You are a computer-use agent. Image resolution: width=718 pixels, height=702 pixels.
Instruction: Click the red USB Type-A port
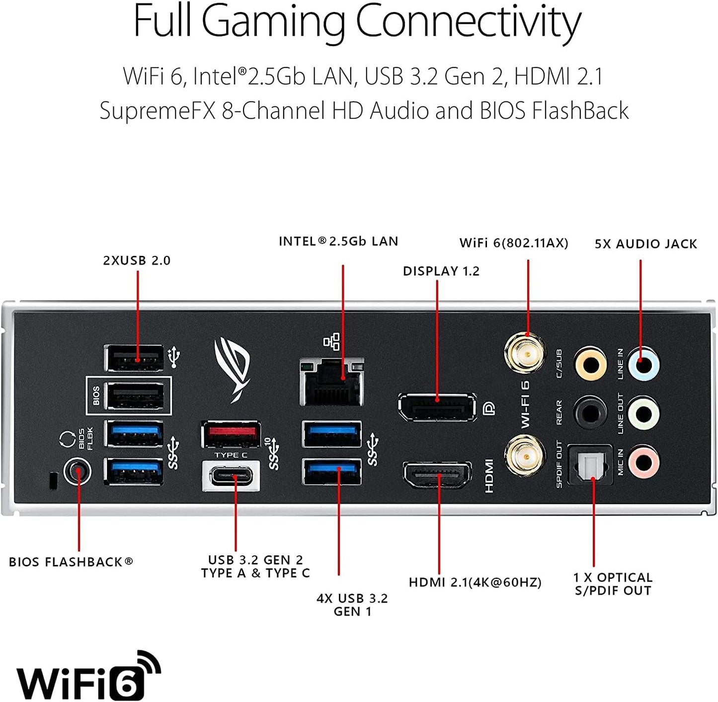pyautogui.click(x=231, y=434)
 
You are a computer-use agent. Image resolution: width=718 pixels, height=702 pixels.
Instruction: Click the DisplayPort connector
pyautogui.click(x=436, y=406)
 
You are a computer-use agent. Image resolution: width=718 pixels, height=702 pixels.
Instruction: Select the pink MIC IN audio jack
pyautogui.click(x=644, y=462)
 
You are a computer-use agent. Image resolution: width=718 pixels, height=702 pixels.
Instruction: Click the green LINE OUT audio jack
pyautogui.click(x=644, y=413)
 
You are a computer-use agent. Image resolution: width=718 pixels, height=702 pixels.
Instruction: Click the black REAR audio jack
pyautogui.click(x=590, y=412)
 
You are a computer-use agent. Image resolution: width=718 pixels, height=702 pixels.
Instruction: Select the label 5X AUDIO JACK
pyautogui.click(x=646, y=244)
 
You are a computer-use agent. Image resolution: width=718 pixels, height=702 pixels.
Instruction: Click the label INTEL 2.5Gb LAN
pyautogui.click(x=338, y=241)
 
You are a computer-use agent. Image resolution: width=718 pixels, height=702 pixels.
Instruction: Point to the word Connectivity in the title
pyautogui.click(x=468, y=22)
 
